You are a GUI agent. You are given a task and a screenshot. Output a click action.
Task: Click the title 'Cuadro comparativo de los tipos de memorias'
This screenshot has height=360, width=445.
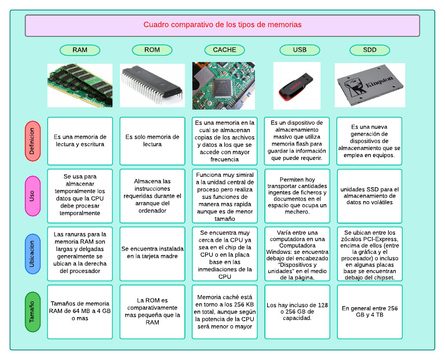coord(222,25)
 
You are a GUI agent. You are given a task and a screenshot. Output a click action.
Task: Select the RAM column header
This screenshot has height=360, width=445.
coord(80,50)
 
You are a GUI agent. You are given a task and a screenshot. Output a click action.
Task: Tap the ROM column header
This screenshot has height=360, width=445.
coord(152,50)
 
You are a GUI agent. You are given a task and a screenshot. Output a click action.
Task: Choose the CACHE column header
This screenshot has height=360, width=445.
coord(224,50)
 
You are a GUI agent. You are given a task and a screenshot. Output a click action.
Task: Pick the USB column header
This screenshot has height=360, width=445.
coord(300,50)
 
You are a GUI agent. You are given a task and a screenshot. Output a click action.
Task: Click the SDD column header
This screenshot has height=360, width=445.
coord(370,50)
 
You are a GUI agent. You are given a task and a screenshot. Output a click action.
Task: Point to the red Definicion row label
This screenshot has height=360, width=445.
coord(32,141)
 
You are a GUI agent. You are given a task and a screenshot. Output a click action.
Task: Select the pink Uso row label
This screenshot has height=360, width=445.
coord(32,196)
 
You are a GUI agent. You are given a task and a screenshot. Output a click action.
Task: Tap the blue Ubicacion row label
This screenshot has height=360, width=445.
coord(32,253)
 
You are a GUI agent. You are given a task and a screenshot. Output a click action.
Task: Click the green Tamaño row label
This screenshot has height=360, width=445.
coord(32,312)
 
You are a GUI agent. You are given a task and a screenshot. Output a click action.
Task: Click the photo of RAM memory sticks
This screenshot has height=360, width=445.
coord(80,85)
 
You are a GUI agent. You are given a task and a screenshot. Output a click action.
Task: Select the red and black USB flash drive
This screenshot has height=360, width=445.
coord(297,86)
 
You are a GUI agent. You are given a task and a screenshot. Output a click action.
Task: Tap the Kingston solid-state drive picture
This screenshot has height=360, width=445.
coord(370,85)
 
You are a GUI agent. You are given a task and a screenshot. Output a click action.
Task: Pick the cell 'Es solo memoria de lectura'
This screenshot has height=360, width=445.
coord(152,141)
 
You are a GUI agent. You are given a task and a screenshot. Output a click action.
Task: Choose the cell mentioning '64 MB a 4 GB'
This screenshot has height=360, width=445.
coord(80,311)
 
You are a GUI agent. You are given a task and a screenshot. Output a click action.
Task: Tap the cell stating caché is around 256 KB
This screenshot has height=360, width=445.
coord(224,311)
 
